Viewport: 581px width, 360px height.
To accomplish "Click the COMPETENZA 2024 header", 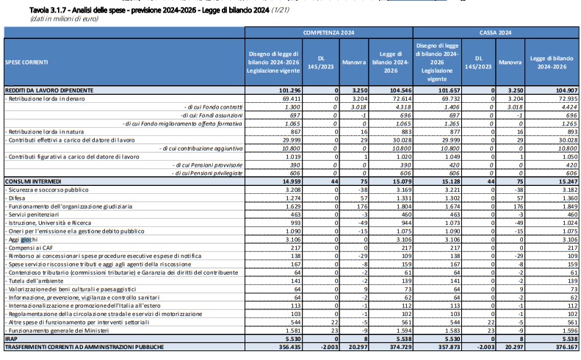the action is tap(328, 32).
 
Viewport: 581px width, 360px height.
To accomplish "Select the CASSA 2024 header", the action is tap(495, 32).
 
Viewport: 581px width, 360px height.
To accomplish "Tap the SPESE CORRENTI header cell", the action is tap(26, 62).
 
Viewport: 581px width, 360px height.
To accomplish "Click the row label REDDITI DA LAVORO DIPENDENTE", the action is tap(49, 90).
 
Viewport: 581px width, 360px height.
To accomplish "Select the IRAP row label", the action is tap(11, 339).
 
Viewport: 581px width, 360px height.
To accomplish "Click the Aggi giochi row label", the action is tap(23, 240).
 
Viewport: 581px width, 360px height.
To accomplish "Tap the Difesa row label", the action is tap(17, 198).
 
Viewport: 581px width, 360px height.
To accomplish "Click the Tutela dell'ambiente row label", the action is tap(36, 281).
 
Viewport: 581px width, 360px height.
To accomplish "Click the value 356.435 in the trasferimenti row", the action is tap(289, 347).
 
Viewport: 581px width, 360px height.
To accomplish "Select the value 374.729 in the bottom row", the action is tap(400, 347).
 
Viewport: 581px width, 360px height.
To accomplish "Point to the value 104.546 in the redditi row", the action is tap(400, 90).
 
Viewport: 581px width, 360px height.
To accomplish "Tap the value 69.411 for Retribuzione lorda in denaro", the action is tap(292, 98).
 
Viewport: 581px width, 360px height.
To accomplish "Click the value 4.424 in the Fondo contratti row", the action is tap(569, 107).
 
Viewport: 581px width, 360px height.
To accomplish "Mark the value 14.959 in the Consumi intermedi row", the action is tap(292, 181).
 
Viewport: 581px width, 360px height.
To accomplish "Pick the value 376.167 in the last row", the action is tap(566, 347).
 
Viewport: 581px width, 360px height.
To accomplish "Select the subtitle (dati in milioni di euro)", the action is tap(64, 19).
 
